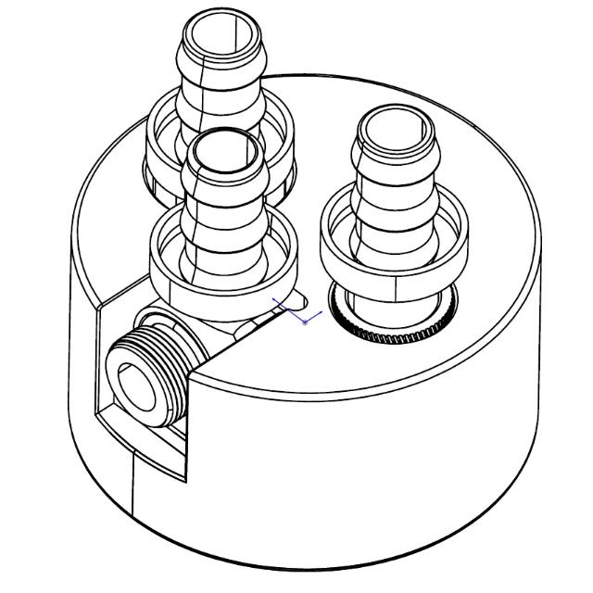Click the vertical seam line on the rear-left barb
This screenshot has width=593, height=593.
coord(200,102)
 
